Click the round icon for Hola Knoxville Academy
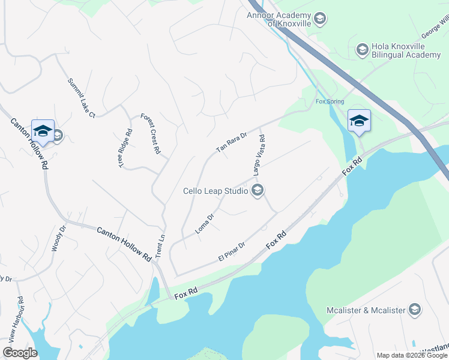point(362,50)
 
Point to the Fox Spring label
point(329,101)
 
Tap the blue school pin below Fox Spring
point(359,121)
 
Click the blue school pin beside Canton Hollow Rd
point(43,131)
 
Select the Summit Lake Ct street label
point(82,98)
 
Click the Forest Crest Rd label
point(151,134)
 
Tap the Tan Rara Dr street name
point(232,143)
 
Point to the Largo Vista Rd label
point(259,155)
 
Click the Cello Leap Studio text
point(215,191)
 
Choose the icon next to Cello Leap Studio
point(258,191)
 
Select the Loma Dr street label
point(205,224)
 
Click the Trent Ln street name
point(160,245)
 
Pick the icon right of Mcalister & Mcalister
point(414,310)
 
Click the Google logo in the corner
point(20,352)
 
